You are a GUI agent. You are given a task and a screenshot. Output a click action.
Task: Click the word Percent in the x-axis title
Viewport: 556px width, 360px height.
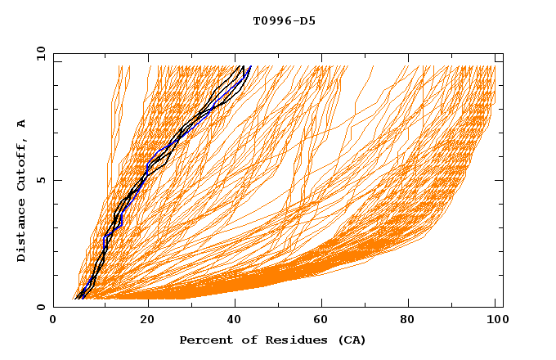(204, 340)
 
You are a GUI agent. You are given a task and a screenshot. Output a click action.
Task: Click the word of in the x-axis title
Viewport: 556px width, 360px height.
(241, 340)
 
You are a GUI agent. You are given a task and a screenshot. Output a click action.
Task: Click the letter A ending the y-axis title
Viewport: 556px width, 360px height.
(21, 124)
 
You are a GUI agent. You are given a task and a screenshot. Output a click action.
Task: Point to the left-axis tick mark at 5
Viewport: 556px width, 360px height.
(56, 180)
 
